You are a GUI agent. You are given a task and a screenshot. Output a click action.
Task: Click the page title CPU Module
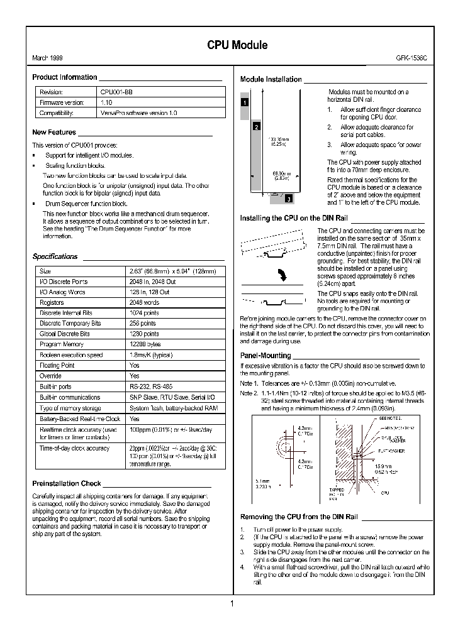click(x=237, y=45)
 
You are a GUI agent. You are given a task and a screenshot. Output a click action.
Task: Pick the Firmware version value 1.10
click(x=106, y=102)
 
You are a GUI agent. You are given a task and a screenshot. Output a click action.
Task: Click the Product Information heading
click(x=65, y=78)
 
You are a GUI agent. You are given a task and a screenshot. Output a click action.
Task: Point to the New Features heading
click(x=54, y=133)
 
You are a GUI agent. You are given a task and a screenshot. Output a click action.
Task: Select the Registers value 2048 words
click(x=144, y=303)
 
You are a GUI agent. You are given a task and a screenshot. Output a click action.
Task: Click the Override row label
click(x=50, y=376)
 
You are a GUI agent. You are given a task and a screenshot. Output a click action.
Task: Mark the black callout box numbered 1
click(x=245, y=102)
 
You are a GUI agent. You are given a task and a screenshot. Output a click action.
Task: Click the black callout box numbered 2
click(x=256, y=126)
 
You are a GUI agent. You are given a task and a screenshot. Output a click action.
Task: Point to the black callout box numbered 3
click(x=288, y=199)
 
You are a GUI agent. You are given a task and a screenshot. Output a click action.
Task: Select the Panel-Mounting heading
click(x=266, y=356)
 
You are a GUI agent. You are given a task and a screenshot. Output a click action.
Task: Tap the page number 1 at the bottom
click(x=232, y=605)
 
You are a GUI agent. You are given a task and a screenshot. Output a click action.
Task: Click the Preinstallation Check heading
click(x=66, y=484)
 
